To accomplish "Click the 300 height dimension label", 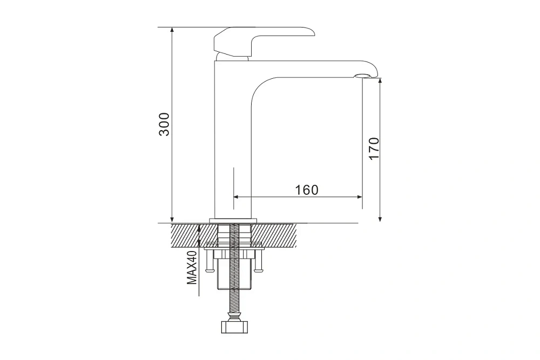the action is (x=164, y=124).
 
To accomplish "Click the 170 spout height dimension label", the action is (x=374, y=148).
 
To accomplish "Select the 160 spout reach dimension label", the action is (x=307, y=189).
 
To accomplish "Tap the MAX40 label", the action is (x=192, y=267).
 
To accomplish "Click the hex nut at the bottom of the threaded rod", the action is (x=234, y=327).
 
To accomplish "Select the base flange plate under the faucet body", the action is (x=233, y=220).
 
